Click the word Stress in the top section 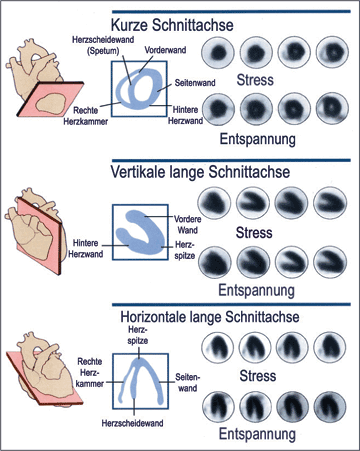point(258,77)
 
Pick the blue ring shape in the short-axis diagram point(144,92)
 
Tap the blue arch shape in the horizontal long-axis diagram point(145,379)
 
